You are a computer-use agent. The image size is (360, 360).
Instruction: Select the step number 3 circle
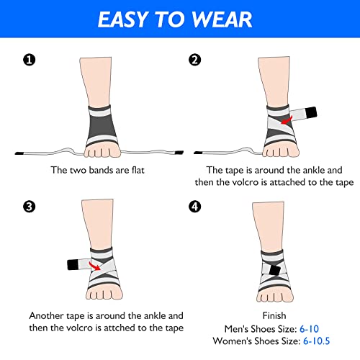click(x=29, y=207)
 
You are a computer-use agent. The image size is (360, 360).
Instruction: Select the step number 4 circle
click(x=194, y=207)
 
